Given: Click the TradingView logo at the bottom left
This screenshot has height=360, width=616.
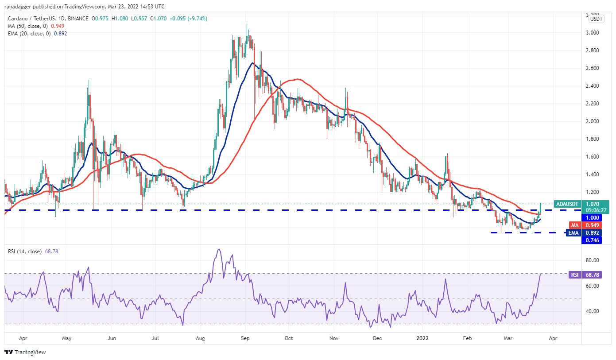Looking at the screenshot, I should pos(25,352).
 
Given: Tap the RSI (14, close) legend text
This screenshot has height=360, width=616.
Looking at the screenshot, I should pos(25,252).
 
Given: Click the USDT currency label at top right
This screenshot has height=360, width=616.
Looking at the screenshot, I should pos(597,19).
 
